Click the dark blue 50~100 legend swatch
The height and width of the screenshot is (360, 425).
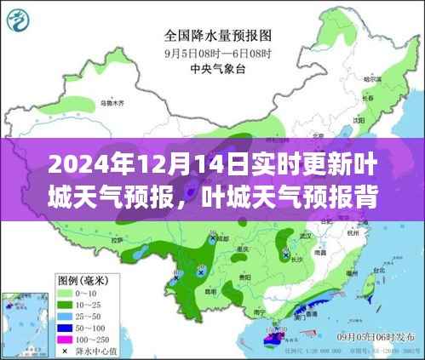coord(62,326)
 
